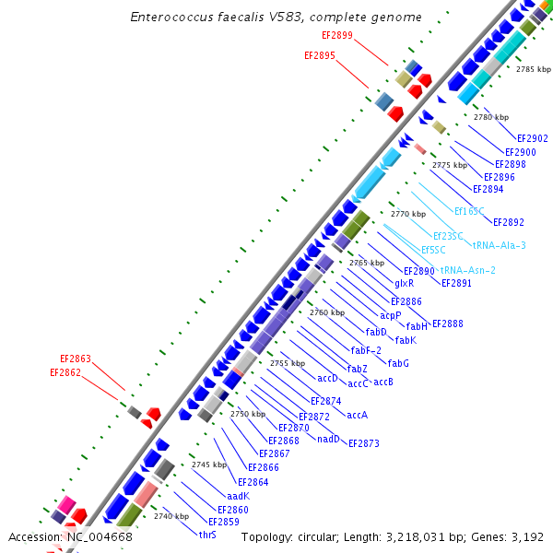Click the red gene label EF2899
click(336, 35)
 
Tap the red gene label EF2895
click(320, 55)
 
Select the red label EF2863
click(76, 359)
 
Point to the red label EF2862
click(65, 373)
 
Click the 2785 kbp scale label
click(532, 69)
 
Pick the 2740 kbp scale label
click(171, 516)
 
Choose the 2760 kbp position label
click(326, 312)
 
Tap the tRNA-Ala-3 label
click(499, 245)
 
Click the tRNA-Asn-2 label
click(468, 270)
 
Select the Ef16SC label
click(469, 211)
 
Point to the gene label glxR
click(404, 284)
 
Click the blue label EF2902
click(532, 138)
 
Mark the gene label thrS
click(207, 535)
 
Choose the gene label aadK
click(238, 496)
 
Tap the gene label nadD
click(328, 439)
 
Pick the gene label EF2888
click(447, 324)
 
